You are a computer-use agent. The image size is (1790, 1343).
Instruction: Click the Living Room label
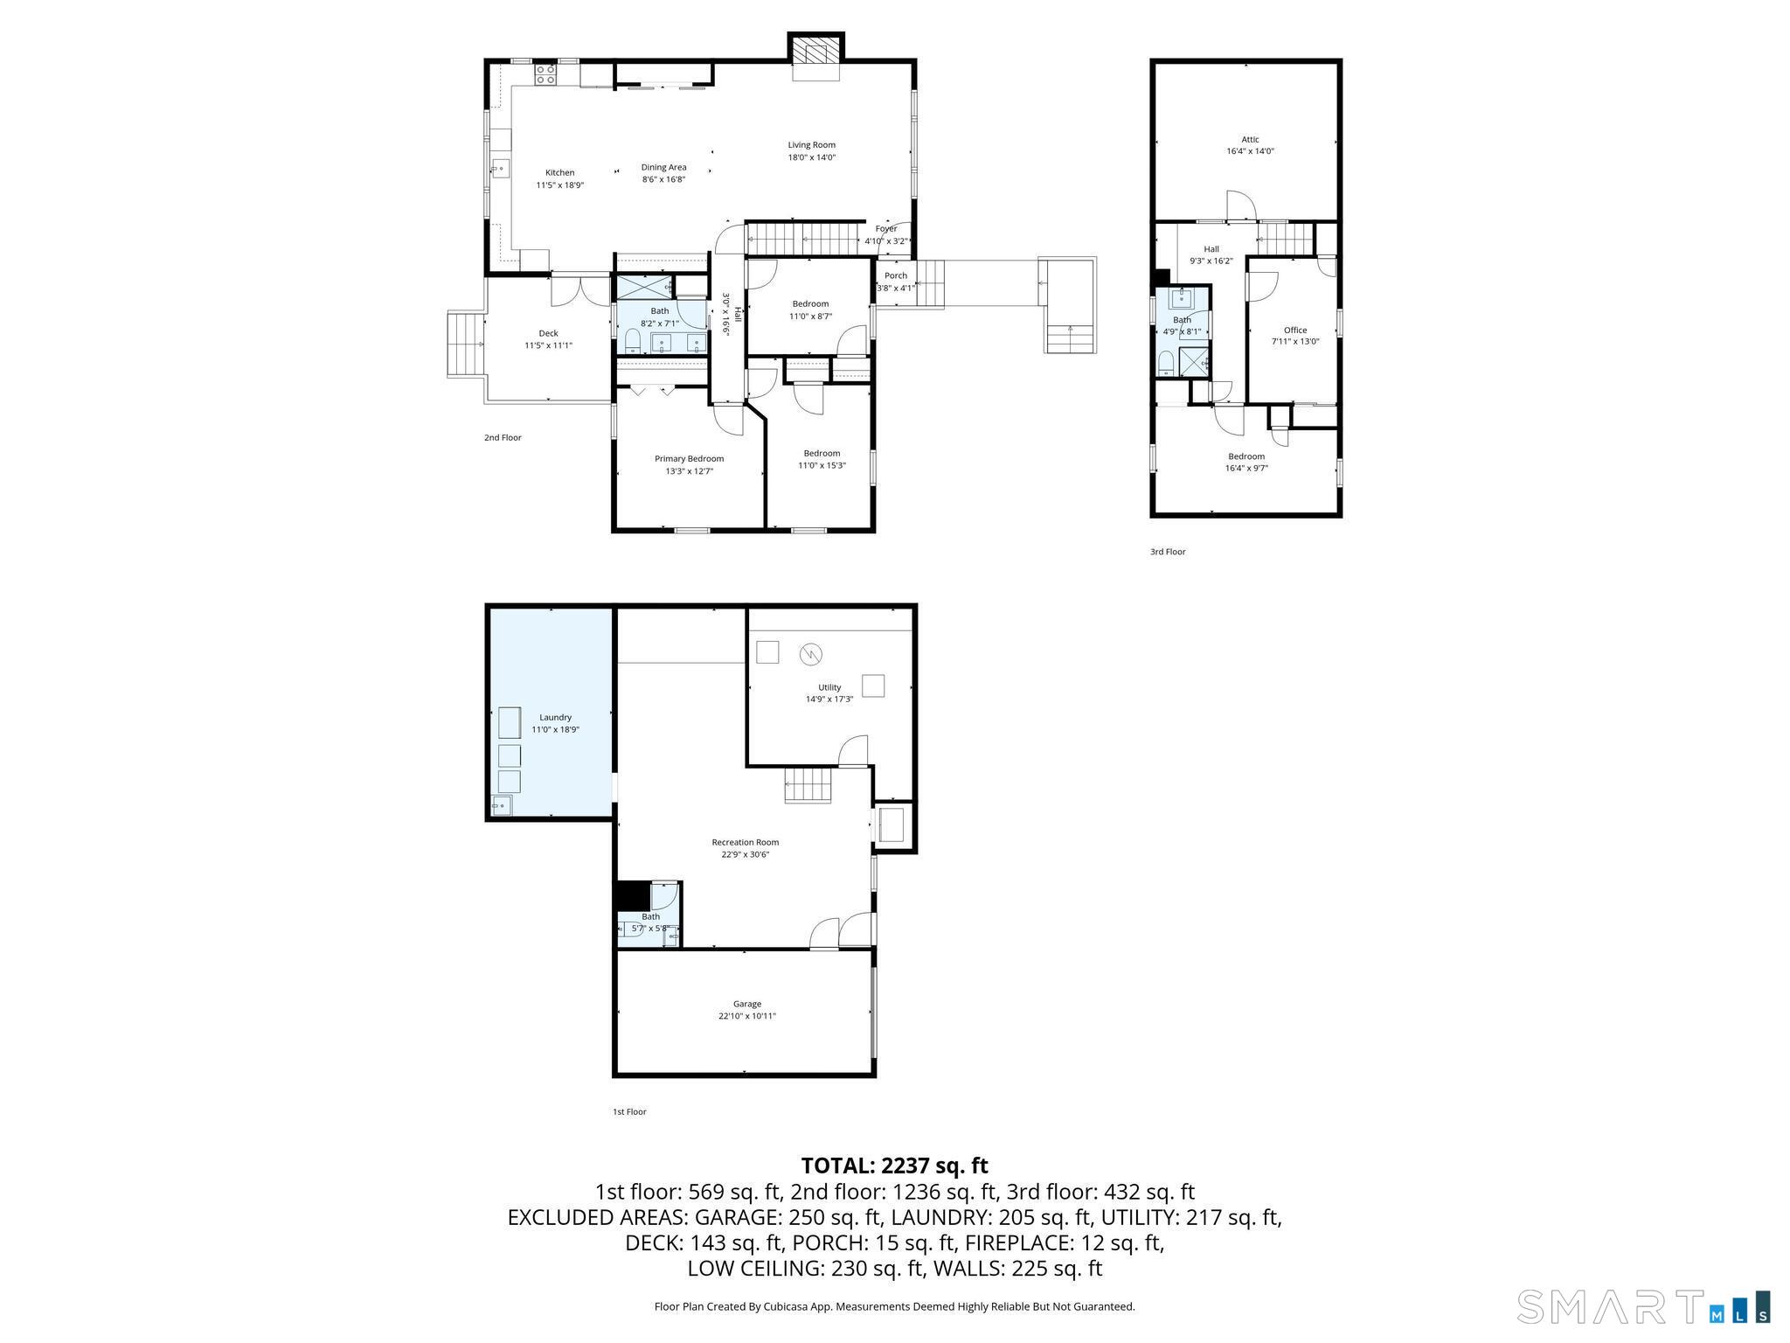point(811,145)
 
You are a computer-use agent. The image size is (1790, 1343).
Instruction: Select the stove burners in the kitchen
point(545,73)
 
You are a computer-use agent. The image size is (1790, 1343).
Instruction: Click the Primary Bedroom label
point(689,459)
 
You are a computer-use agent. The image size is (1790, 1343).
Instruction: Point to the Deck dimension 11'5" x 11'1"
point(548,345)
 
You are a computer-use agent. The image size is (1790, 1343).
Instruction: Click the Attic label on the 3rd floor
point(1250,139)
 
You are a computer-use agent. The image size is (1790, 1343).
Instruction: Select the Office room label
point(1295,331)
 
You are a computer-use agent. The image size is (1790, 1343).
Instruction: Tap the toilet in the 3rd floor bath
point(1165,362)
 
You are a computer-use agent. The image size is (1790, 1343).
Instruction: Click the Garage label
point(746,1004)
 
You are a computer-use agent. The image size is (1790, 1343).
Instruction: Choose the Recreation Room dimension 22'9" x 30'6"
point(745,855)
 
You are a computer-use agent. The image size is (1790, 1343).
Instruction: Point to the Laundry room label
point(555,718)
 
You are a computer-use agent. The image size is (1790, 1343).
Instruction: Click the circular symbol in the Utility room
point(810,654)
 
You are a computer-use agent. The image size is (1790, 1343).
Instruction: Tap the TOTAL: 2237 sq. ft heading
point(894,1166)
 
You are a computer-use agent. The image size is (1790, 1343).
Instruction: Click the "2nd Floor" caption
point(503,438)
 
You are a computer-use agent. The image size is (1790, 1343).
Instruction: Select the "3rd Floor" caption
point(1168,552)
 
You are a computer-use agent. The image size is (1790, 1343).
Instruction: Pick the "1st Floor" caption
point(629,1112)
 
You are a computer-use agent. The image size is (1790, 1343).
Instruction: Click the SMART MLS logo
point(1644,1306)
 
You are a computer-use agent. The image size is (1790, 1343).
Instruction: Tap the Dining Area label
point(663,167)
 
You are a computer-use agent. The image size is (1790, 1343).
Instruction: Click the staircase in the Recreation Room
point(808,784)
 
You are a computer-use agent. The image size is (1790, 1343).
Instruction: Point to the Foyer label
point(886,229)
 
